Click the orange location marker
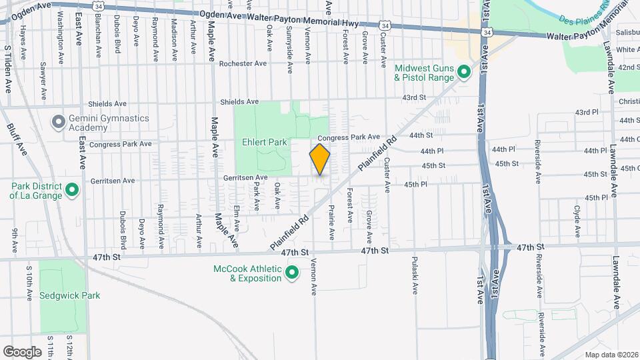[x=320, y=159]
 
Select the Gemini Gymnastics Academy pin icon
[x=59, y=122]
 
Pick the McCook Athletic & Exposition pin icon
[x=291, y=273]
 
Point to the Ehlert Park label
[x=264, y=142]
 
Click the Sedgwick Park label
[x=69, y=295]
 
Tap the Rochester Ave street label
[x=244, y=63]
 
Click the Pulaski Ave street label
[x=414, y=275]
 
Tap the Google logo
[x=22, y=351]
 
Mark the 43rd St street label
[x=413, y=97]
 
